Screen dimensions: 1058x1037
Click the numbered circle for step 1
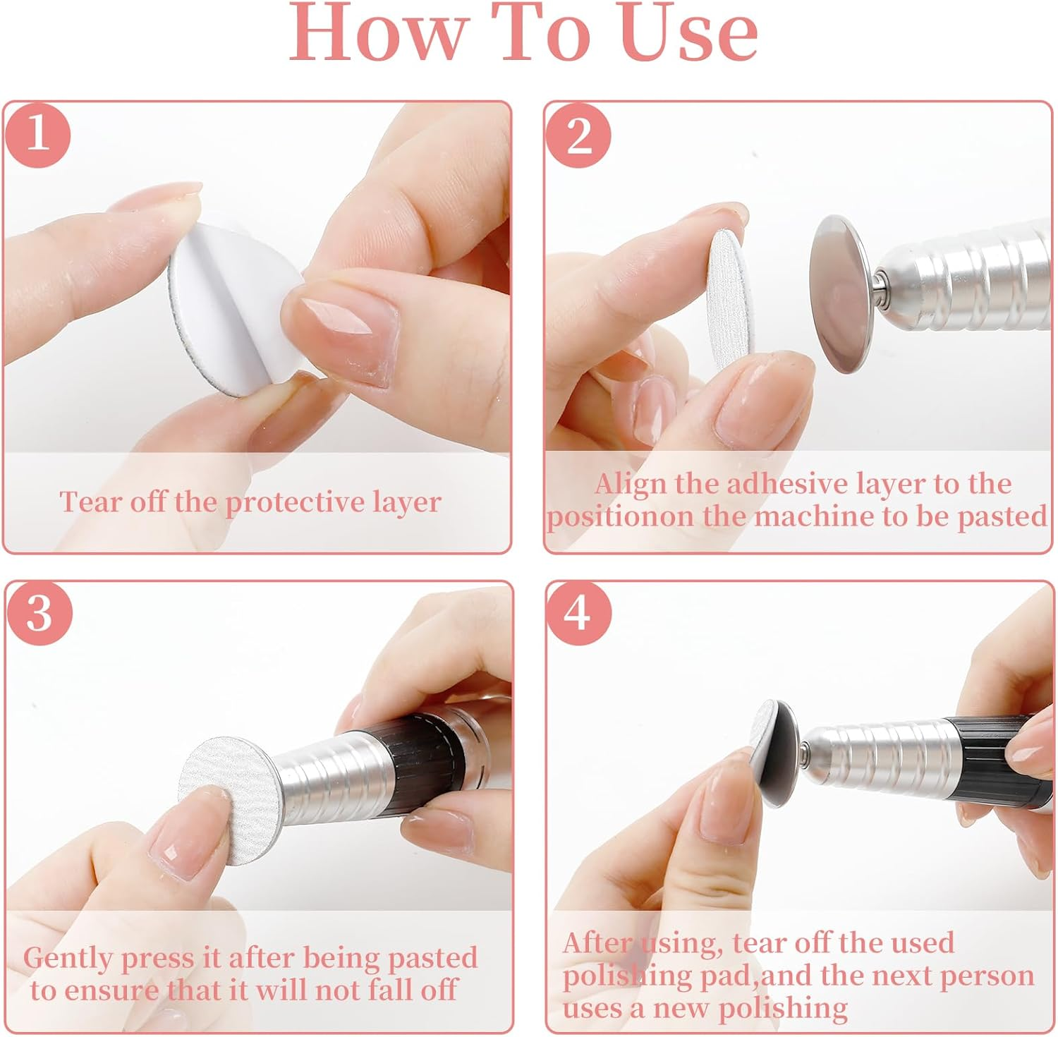[38, 134]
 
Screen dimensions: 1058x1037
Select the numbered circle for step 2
[578, 134]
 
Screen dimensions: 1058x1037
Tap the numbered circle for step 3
[39, 614]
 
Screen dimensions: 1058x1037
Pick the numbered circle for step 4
[578, 614]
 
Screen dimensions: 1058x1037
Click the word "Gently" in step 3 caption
[68, 959]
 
